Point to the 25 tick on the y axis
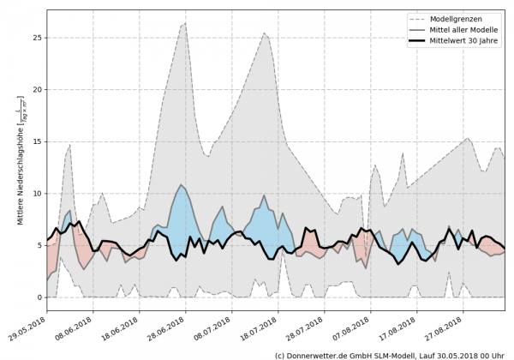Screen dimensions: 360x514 36,38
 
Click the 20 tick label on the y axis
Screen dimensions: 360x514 36,90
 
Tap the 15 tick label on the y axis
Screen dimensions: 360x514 36,141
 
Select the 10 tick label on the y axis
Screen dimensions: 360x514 36,194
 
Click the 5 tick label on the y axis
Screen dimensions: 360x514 39,245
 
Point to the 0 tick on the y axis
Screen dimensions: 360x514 39,297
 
